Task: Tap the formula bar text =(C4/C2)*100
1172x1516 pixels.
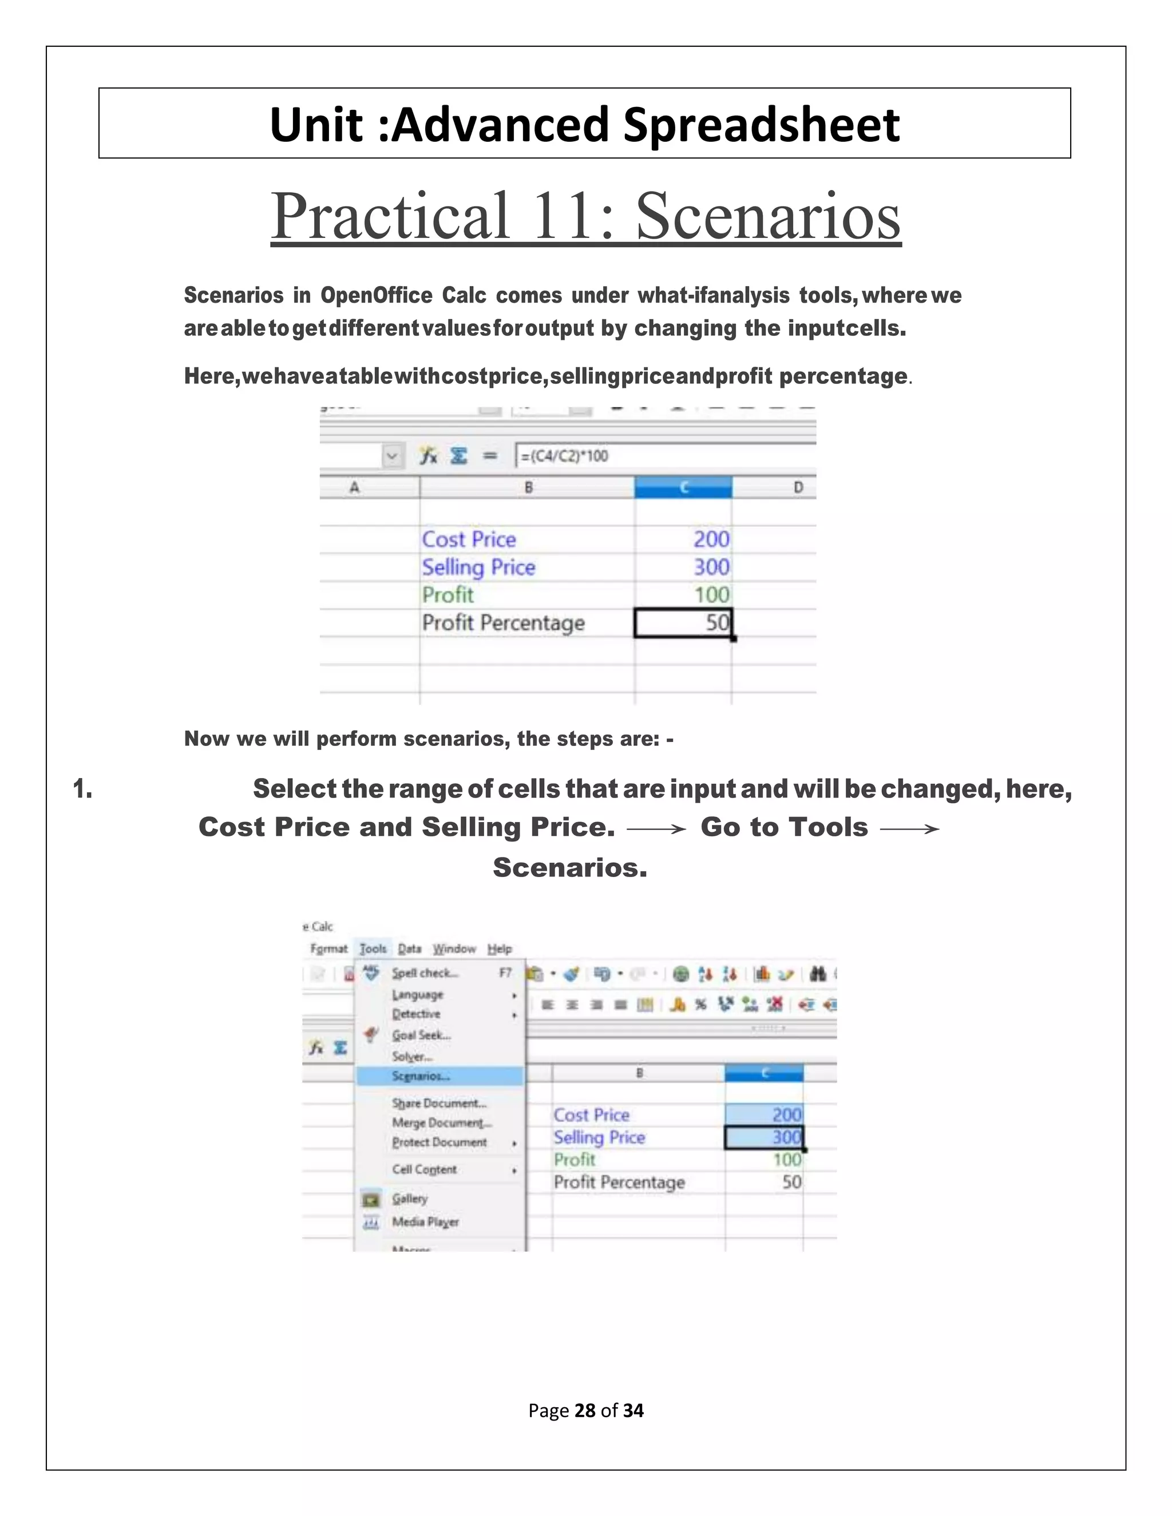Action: coord(564,456)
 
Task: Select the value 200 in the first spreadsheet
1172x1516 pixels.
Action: coord(711,539)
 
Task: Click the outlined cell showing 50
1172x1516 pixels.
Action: coord(683,622)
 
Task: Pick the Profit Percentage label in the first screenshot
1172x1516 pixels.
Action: coord(504,622)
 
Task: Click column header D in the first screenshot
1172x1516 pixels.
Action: coord(798,487)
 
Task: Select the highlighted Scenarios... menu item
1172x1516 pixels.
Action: coord(421,1076)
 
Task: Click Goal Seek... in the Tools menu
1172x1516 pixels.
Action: coord(421,1035)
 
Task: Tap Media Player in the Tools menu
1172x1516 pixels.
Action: coord(425,1222)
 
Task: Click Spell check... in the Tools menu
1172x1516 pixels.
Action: coord(424,973)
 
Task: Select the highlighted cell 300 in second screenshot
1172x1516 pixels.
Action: coord(764,1137)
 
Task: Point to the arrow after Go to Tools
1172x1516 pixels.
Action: coord(909,828)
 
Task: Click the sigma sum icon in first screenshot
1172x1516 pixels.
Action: coord(458,456)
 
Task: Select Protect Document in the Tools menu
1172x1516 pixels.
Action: coord(439,1142)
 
